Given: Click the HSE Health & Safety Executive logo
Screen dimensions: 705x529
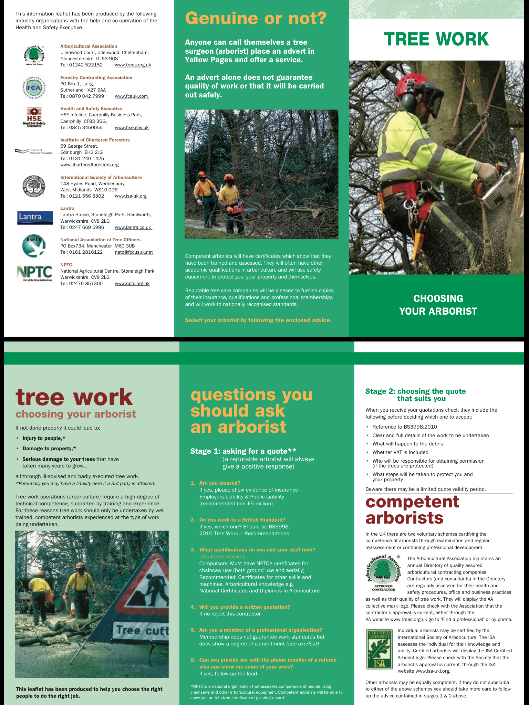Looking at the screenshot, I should pyautogui.click(x=34, y=117).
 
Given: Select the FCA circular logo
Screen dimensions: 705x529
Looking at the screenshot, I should pyautogui.click(x=34, y=87).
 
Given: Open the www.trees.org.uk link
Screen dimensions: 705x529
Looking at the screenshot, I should pyautogui.click(x=133, y=65).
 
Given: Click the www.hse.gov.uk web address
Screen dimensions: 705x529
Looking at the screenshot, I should pyautogui.click(x=132, y=127).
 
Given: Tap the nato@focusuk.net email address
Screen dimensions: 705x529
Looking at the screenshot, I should pyautogui.click(x=134, y=252).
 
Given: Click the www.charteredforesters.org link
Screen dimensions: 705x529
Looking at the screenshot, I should pyautogui.click(x=90, y=165).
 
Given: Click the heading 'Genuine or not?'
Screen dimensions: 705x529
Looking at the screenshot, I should pyautogui.click(x=256, y=19).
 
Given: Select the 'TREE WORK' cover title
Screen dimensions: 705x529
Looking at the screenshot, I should pyautogui.click(x=436, y=39).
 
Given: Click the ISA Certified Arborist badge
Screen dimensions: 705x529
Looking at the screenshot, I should pyautogui.click(x=379, y=649).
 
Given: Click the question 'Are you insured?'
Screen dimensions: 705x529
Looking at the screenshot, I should pyautogui.click(x=220, y=483).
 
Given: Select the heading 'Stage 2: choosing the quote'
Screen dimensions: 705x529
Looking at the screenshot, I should pyautogui.click(x=415, y=391).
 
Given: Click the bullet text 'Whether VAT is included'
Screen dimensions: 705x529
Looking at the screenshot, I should pyautogui.click(x=400, y=452).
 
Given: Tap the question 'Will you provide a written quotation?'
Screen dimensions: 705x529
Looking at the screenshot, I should pyautogui.click(x=245, y=607).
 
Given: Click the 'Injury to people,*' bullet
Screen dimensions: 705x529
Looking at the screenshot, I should pyautogui.click(x=44, y=438).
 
